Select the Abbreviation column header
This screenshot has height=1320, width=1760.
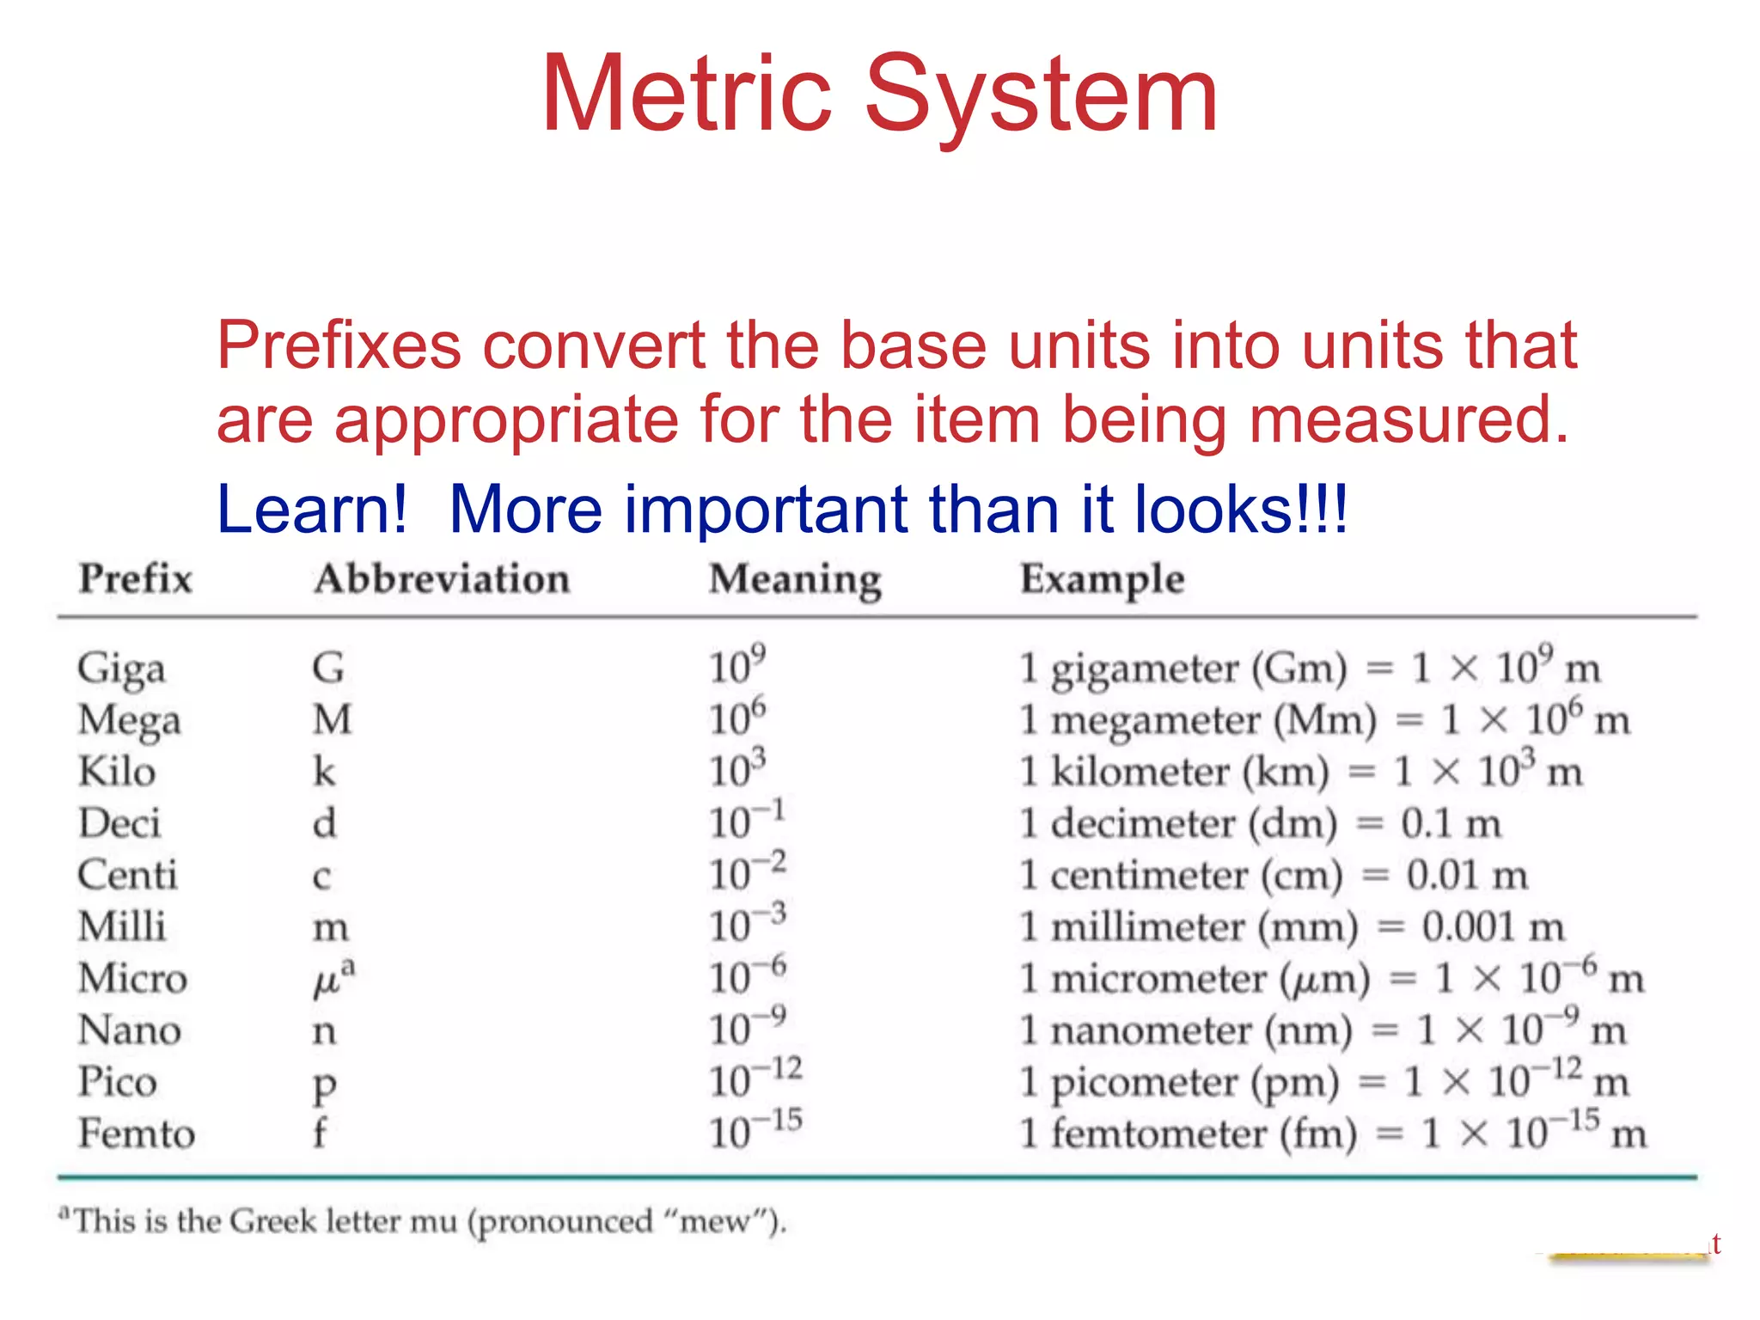(x=442, y=579)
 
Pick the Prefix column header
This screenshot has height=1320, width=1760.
(x=136, y=578)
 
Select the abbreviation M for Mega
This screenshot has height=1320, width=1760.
(x=332, y=720)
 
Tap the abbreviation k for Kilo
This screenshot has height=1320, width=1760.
(x=324, y=772)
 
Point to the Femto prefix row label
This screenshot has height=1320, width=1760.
(x=137, y=1134)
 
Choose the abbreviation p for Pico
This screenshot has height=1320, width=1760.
(x=324, y=1085)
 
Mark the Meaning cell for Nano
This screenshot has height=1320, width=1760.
(x=747, y=1029)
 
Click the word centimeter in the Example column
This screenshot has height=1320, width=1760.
(x=1149, y=876)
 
